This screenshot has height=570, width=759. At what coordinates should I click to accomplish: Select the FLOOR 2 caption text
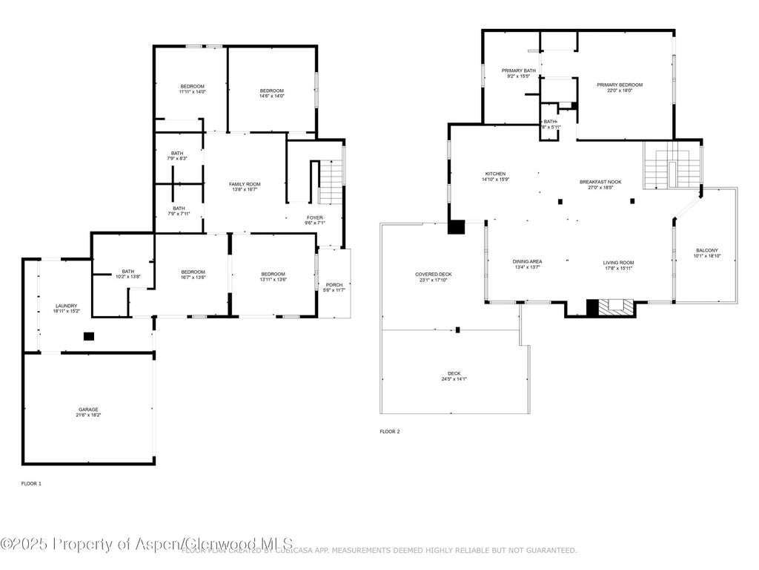click(390, 431)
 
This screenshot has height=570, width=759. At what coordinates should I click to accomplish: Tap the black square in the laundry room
click(89, 336)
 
